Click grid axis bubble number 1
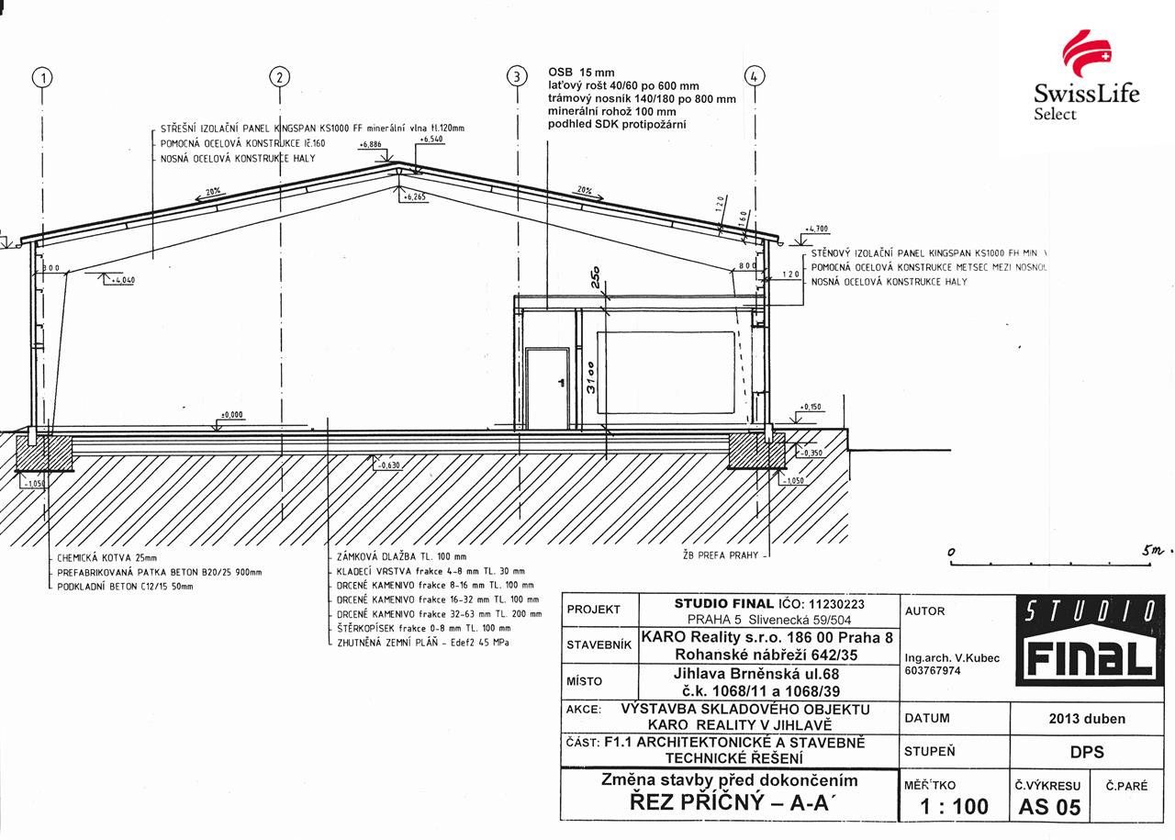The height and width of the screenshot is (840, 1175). coord(42,77)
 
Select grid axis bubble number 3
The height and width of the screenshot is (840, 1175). coord(517,76)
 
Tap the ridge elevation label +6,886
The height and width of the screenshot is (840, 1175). coord(371,145)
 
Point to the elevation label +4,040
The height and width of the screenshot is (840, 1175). coord(122,280)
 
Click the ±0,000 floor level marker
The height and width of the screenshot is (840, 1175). coord(233,415)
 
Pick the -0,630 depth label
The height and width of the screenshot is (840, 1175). coord(389,465)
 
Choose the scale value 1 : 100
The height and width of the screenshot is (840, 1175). coord(955,806)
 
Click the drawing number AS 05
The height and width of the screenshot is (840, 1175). coord(1049,807)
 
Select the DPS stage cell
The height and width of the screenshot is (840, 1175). coord(1086,752)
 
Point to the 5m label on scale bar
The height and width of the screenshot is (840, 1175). coord(1152,551)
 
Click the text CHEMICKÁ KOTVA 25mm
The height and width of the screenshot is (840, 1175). coord(107,557)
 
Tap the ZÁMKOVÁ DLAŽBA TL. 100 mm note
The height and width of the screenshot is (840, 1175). coord(401,556)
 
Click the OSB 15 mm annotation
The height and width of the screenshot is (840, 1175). coord(581,72)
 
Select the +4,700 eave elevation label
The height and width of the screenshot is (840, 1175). coord(816,229)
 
